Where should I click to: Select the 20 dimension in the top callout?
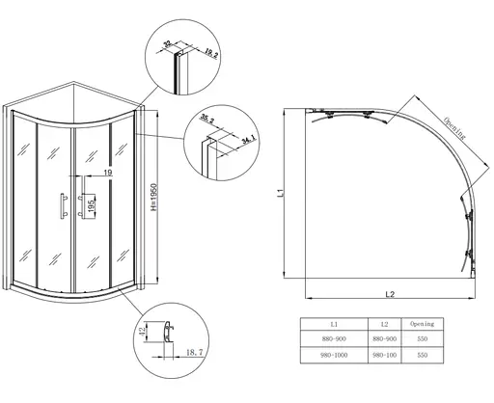click(168, 43)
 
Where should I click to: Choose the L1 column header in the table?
click(334, 324)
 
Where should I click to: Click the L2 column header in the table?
click(387, 324)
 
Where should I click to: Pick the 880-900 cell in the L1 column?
click(334, 339)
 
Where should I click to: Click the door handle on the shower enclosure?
click(61, 208)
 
